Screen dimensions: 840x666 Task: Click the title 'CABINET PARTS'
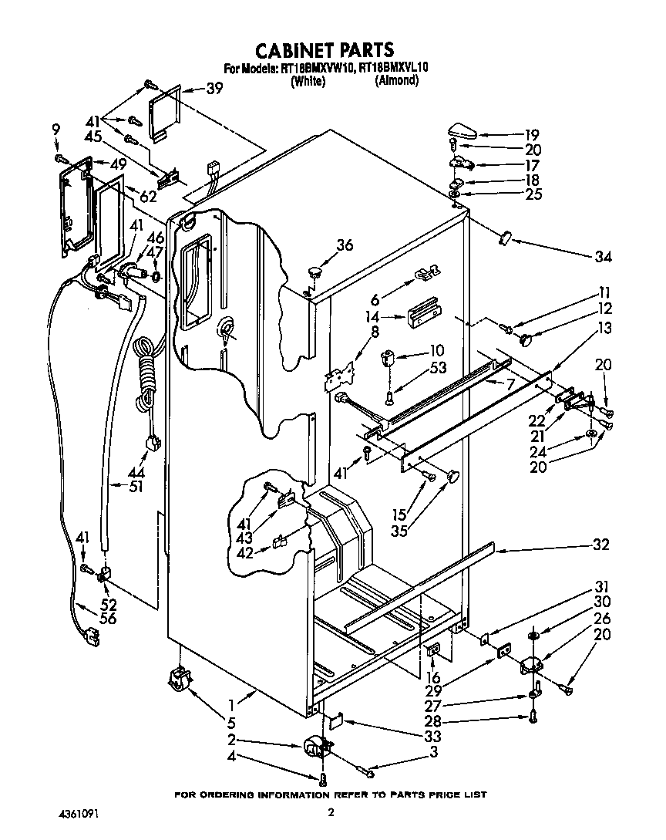[325, 51]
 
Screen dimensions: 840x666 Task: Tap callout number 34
[602, 257]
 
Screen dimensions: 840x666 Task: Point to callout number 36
[344, 245]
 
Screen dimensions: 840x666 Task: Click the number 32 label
[600, 545]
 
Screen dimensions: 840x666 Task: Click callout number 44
[137, 471]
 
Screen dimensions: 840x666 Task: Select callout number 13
[604, 328]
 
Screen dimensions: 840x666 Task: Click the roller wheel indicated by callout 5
[179, 680]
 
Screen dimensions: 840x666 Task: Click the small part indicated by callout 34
[506, 236]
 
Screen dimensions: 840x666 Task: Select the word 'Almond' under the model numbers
[396, 80]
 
